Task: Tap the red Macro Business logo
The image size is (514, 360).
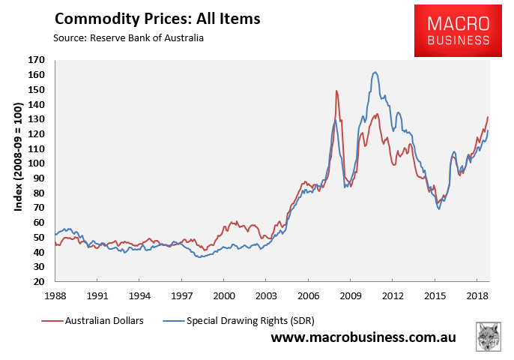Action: tap(459, 31)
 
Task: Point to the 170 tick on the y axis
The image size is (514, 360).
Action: tap(37, 60)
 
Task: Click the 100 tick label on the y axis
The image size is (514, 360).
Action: tap(37, 163)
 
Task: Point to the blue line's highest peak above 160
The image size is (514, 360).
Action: tap(375, 72)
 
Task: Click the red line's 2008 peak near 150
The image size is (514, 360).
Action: tap(336, 91)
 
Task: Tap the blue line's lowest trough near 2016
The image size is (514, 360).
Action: tap(438, 208)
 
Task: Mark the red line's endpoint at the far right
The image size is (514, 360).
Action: tap(489, 116)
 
